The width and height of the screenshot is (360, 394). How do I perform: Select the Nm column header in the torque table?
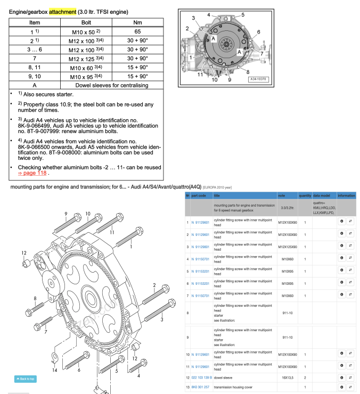138,23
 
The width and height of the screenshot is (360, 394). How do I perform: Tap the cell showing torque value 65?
138,32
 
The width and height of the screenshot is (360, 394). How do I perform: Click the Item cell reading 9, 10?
35,76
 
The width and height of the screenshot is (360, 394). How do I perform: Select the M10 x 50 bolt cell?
86,32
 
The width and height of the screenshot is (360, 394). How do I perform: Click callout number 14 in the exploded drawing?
54,370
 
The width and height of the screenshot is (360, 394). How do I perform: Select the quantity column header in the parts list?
305,195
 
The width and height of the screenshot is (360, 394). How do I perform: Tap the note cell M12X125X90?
288,247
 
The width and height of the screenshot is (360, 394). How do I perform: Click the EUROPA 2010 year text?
217,187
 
